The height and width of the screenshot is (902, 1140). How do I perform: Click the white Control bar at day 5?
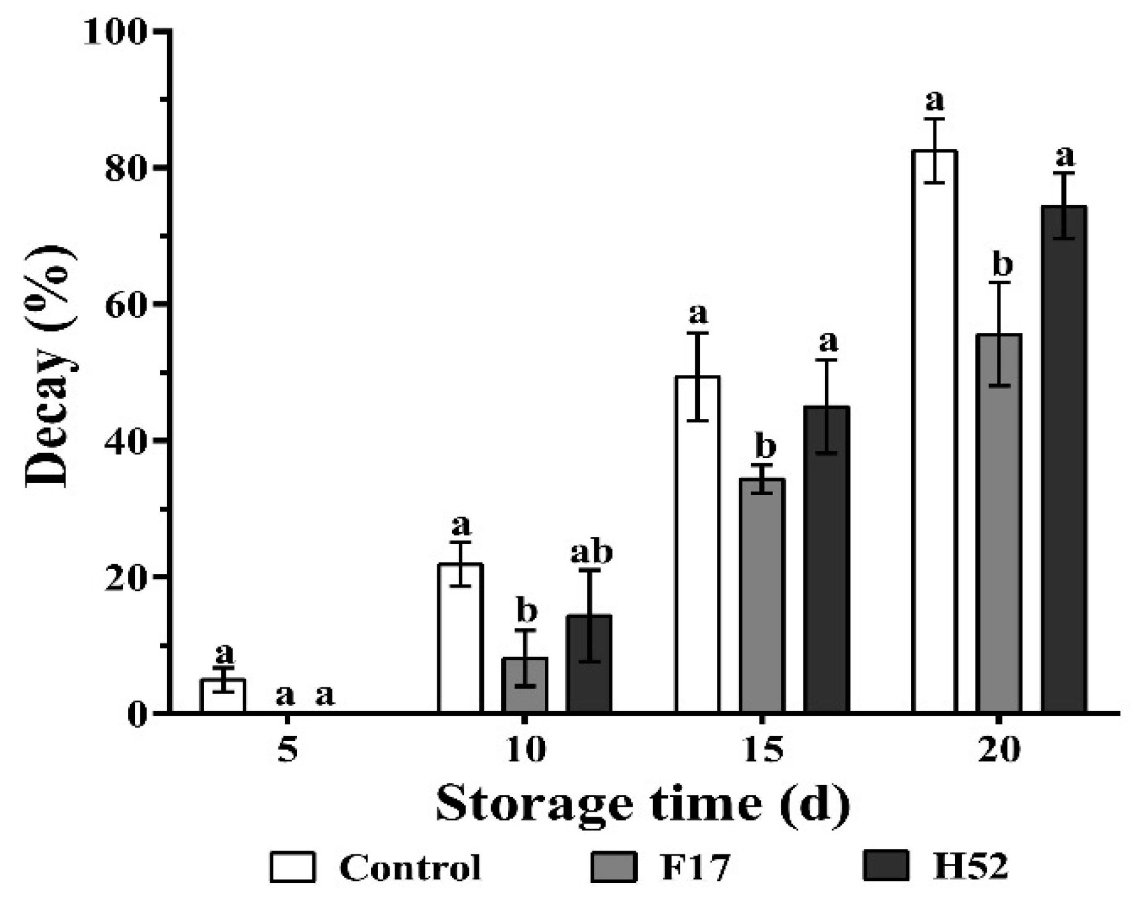(223, 695)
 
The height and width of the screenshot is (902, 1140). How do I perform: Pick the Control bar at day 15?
(697, 544)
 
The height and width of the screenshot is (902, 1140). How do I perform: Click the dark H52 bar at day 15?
(827, 559)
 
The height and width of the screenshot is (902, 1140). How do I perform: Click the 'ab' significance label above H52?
(591, 552)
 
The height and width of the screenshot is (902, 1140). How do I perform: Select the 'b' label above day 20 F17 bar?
(1002, 265)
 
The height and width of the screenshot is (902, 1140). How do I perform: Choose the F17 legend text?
(696, 867)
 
